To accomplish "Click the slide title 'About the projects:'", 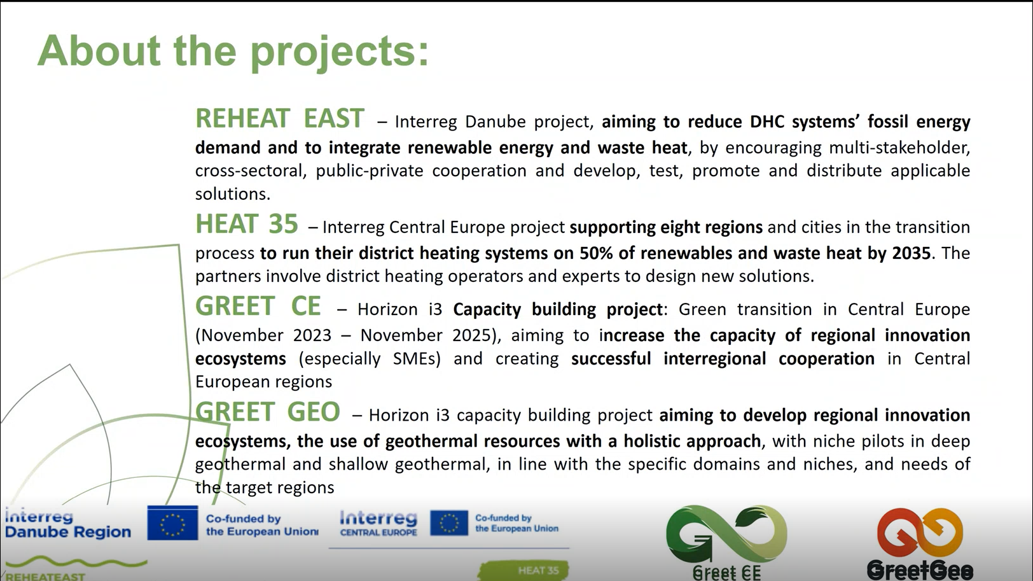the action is tap(233, 52).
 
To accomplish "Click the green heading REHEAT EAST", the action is tap(280, 118).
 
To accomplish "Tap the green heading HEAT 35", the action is tap(247, 224).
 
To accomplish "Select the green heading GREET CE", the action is tap(258, 306).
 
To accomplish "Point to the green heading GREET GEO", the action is tap(267, 412).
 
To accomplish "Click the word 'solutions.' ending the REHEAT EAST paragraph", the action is tap(232, 194).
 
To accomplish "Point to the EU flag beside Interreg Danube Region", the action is tap(172, 523).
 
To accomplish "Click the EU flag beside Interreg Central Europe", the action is tap(448, 523).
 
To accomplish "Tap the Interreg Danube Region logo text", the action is tap(68, 524).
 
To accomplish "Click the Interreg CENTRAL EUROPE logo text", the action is tap(378, 523).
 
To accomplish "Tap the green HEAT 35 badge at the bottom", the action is tap(524, 570).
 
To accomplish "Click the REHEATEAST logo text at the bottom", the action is tap(45, 577).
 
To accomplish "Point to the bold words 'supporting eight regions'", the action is tap(666, 227).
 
